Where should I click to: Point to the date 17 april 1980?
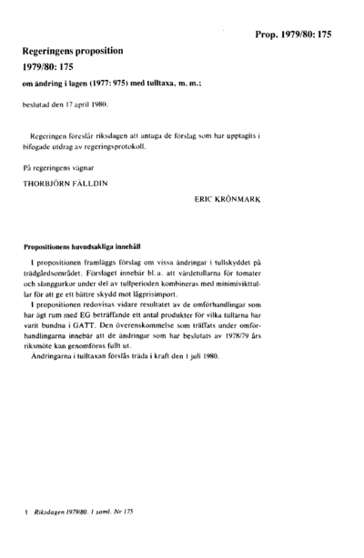[x=84, y=104]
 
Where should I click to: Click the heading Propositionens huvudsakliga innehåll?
[x=87, y=244]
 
